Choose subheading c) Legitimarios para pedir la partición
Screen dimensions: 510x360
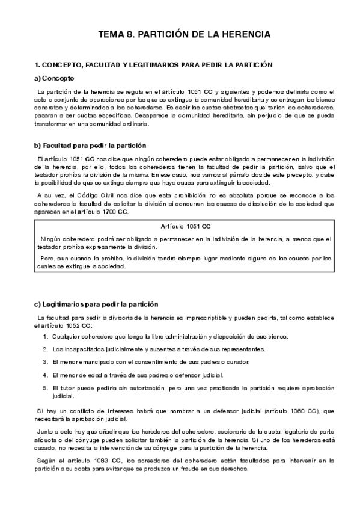[x=96, y=304]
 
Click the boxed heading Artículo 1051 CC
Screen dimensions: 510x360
[x=186, y=226]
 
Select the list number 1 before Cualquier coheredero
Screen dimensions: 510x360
[x=45, y=336]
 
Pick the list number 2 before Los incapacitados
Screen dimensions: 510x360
[x=45, y=349]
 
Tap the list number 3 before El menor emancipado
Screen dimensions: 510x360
[x=45, y=362]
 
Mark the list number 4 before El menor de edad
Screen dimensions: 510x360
[x=45, y=375]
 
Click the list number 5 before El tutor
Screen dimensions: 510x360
[x=45, y=388]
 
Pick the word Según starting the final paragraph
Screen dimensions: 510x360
[x=47, y=461]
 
